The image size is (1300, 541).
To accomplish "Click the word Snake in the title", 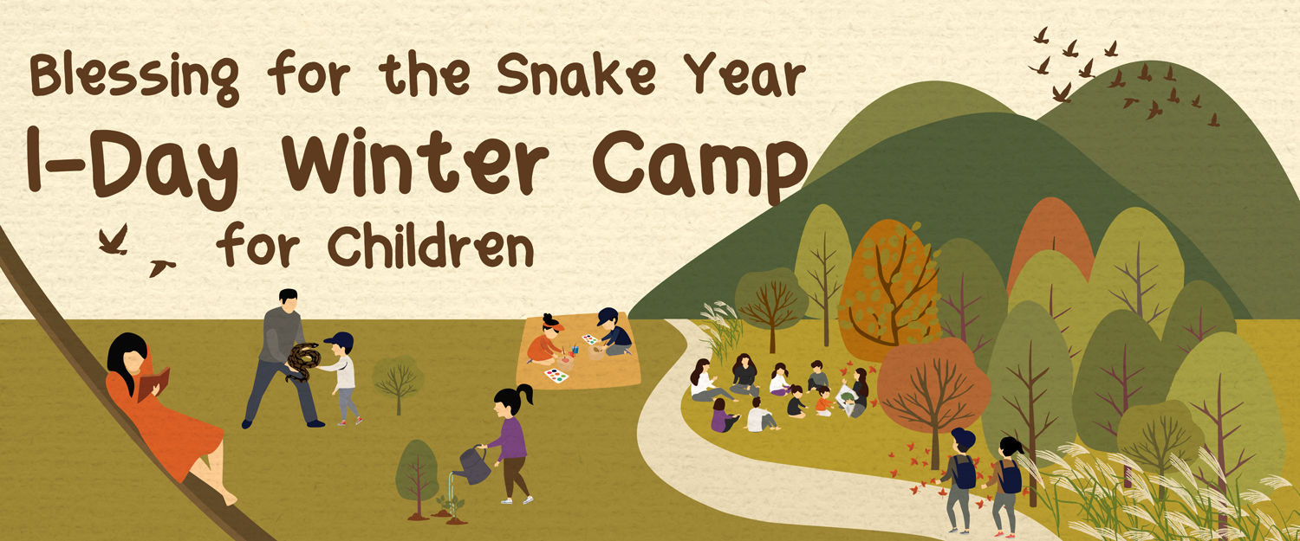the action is [575, 75].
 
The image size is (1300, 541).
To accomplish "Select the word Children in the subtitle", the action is [431, 246].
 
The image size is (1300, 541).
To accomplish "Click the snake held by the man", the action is [303, 361].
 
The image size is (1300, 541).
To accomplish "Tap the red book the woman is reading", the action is [153, 383].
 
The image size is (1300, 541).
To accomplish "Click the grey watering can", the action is [473, 465].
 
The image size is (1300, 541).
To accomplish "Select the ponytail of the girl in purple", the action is [525, 394].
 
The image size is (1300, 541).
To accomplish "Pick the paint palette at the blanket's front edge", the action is [556, 376].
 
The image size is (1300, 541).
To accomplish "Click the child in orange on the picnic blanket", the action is [546, 340].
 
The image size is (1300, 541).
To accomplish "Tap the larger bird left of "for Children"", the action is [114, 240].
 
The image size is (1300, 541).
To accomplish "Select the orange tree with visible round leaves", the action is [888, 290].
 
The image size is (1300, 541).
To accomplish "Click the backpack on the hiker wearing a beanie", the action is [964, 472].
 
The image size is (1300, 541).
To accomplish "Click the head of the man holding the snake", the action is [288, 299].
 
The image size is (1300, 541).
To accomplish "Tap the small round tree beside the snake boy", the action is [398, 380].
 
